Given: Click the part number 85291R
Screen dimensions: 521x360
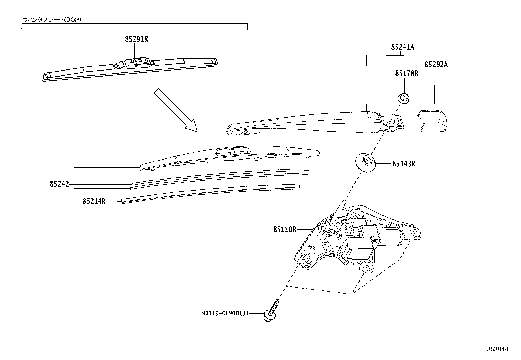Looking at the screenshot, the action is click(x=136, y=39).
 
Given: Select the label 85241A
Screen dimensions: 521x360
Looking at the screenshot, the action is click(x=403, y=47).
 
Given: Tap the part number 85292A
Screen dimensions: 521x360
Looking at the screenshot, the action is click(x=436, y=64).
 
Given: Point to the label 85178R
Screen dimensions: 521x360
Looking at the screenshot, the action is click(x=406, y=74).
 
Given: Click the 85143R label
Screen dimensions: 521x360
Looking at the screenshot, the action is click(x=404, y=164).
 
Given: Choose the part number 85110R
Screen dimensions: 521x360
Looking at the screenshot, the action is click(x=285, y=230).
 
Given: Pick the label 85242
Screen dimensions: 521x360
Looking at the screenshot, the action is click(x=60, y=184).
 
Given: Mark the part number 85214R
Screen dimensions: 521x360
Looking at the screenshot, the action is click(x=94, y=201).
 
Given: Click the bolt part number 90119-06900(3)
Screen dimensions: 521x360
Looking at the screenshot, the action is click(x=225, y=313).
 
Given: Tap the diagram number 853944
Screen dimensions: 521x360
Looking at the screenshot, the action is click(x=498, y=349).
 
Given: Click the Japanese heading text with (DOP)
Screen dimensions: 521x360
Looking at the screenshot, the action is click(x=51, y=20).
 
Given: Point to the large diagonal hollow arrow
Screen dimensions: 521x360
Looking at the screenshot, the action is click(x=176, y=110).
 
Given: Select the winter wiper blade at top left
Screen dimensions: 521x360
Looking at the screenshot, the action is click(x=130, y=69).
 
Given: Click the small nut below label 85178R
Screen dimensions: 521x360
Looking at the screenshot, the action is click(x=403, y=98).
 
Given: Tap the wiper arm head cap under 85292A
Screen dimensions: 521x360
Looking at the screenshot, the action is click(x=432, y=121).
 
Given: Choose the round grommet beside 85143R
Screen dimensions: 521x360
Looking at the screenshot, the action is click(x=366, y=163).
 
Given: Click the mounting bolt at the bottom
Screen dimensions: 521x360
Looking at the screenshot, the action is click(x=272, y=311).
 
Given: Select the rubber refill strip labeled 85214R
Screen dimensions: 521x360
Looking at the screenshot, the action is click(x=211, y=194).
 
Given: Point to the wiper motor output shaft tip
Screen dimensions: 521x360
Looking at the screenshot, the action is click(x=345, y=202).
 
